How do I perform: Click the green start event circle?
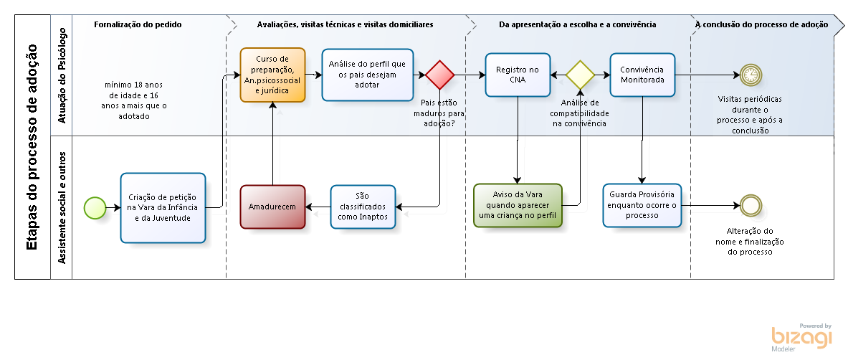coord(95,207)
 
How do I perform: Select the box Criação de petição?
coord(163,207)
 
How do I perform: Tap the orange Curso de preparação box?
coord(272,75)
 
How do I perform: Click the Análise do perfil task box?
coord(367,75)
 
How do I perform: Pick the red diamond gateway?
coord(439,75)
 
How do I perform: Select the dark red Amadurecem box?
coord(272,207)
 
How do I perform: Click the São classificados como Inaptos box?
coord(362,207)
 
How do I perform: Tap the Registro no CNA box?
coord(518,75)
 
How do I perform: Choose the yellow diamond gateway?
coord(580,75)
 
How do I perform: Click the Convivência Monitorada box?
coord(642,75)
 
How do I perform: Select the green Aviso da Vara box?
coord(518,206)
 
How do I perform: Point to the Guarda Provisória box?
coord(642,206)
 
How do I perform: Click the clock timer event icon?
coord(751,75)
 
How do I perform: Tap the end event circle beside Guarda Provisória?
coord(751,206)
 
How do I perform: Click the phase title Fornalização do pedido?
coord(138,24)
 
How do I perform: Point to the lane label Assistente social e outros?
coord(62,207)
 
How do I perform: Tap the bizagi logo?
coord(802,337)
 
